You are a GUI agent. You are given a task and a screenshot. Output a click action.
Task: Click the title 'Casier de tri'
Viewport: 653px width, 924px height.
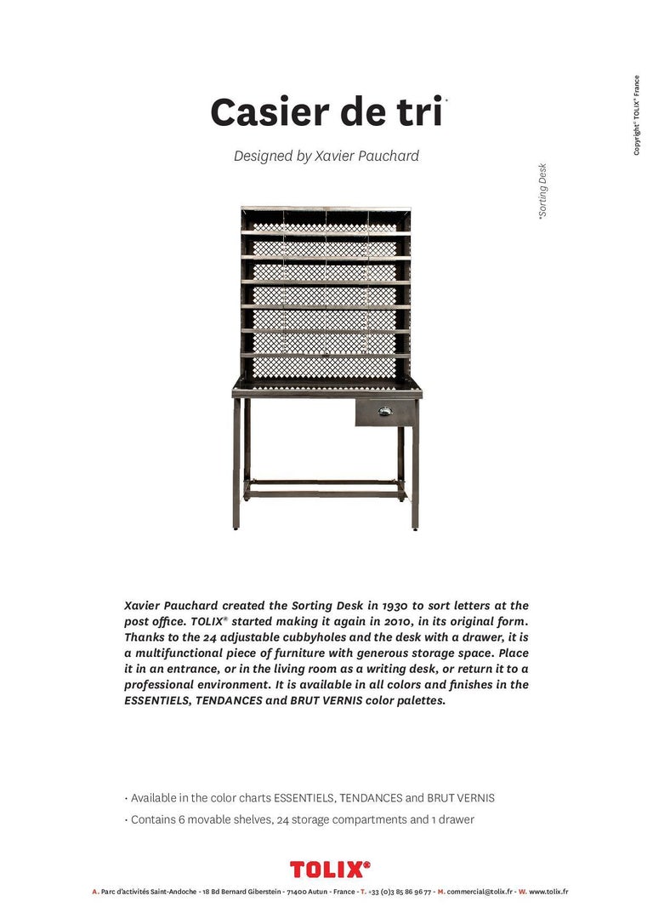tap(326, 112)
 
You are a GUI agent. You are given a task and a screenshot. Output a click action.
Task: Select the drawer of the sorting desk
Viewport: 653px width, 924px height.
tap(387, 413)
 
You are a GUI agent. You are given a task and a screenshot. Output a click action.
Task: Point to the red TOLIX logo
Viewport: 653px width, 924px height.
tap(330, 868)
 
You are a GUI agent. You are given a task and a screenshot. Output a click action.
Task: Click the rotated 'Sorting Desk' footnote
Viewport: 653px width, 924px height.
tap(542, 191)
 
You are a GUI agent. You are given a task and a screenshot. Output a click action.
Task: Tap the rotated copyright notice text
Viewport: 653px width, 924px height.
tap(636, 116)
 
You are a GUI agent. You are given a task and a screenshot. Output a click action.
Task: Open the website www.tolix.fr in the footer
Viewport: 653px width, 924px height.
tap(548, 892)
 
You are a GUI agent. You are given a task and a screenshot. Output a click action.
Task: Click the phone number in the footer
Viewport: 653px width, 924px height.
tap(400, 892)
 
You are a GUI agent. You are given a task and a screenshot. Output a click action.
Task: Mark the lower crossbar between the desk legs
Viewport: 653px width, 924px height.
tap(326, 493)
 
